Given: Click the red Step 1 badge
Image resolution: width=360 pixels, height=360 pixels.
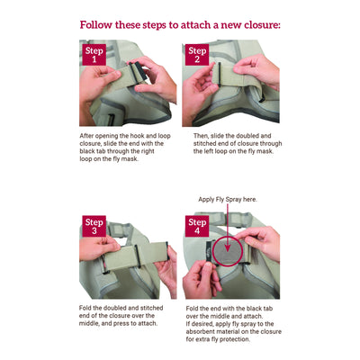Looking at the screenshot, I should pyautogui.click(x=95, y=55).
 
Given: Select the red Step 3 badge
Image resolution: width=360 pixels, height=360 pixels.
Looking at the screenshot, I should pyautogui.click(x=95, y=226).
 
